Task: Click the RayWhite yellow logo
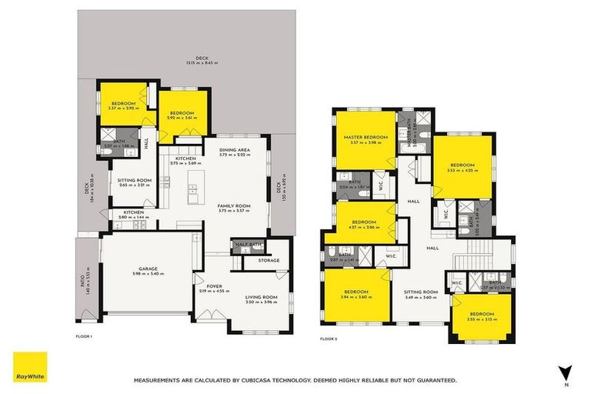point(30,369)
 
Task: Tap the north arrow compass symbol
point(566,373)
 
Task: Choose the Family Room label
point(234,206)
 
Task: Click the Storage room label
point(269,260)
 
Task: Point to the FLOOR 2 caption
point(328,338)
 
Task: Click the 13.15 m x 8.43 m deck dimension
point(202,63)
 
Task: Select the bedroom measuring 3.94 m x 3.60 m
point(356,292)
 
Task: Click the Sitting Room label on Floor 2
point(421,292)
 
